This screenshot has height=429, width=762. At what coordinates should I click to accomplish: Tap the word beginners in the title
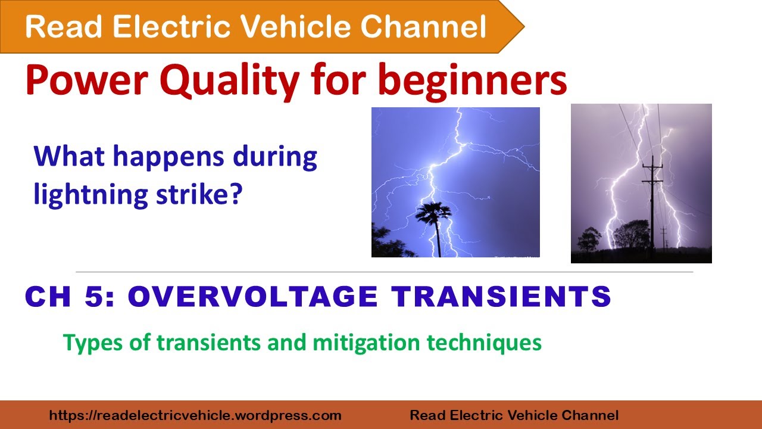(x=472, y=82)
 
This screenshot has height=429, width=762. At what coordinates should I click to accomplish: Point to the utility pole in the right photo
(x=652, y=197)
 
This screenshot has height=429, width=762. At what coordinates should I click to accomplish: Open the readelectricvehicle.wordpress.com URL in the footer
(x=195, y=415)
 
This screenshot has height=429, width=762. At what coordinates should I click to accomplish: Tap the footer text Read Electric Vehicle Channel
(x=514, y=415)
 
